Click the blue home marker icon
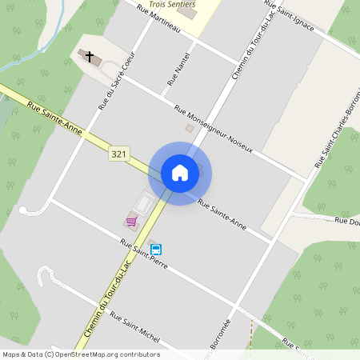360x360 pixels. click(180, 173)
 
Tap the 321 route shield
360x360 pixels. click(119, 154)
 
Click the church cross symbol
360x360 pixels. click(89, 56)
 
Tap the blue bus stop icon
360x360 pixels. click(155, 249)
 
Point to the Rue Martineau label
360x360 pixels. click(160, 20)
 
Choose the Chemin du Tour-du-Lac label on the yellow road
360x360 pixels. click(107, 296)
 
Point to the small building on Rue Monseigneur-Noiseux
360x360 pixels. click(190, 127)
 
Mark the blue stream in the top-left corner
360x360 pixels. click(24, 60)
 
